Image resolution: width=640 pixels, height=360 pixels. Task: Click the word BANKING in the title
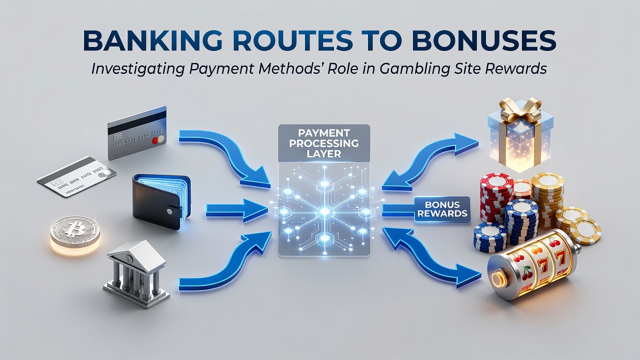pyautogui.click(x=152, y=41)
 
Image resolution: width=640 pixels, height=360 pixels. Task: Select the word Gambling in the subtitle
pyautogui.click(x=431, y=69)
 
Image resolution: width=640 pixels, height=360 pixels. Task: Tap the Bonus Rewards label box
pyautogui.click(x=442, y=209)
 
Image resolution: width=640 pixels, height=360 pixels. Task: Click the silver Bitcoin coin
pyautogui.click(x=75, y=231)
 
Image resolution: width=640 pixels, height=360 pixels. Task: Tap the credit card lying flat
pyautogui.click(x=77, y=176)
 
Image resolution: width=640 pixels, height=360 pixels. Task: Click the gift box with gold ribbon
pyautogui.click(x=520, y=135)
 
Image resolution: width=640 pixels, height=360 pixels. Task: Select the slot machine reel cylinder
pyautogui.click(x=532, y=265)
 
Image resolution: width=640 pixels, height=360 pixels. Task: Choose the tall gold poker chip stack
pyautogui.click(x=547, y=196)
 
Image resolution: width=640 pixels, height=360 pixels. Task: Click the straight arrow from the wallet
pyautogui.click(x=237, y=210)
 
